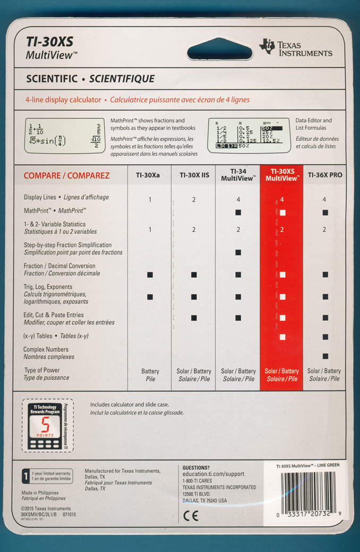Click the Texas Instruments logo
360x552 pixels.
point(296,48)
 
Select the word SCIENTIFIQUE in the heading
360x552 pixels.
point(122,79)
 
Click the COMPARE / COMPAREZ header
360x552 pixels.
point(67,176)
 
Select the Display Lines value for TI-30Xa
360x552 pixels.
point(150,200)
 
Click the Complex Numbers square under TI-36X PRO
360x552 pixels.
point(325,356)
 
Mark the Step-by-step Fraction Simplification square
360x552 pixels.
point(238,252)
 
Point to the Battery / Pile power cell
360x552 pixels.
point(150,375)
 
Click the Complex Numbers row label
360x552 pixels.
point(46,353)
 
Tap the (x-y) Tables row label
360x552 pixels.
point(56,336)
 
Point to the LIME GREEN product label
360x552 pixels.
point(304,466)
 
